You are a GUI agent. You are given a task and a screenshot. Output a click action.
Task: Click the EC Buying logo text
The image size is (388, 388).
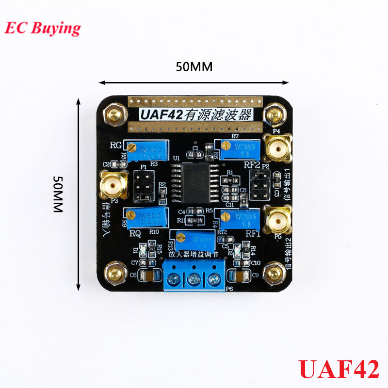[x=43, y=28]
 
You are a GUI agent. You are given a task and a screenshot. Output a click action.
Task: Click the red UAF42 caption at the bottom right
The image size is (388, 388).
[x=339, y=369]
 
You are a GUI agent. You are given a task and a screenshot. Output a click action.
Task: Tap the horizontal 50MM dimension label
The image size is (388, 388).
[x=194, y=67]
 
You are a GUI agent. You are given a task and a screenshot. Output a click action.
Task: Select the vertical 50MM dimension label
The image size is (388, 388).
[x=57, y=194]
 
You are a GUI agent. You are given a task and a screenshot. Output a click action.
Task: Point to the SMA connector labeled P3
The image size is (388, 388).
[x=113, y=185]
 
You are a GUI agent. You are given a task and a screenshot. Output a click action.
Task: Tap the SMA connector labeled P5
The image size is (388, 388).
[x=277, y=221]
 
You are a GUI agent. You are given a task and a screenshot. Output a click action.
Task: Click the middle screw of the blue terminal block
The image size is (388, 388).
[x=194, y=279]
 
